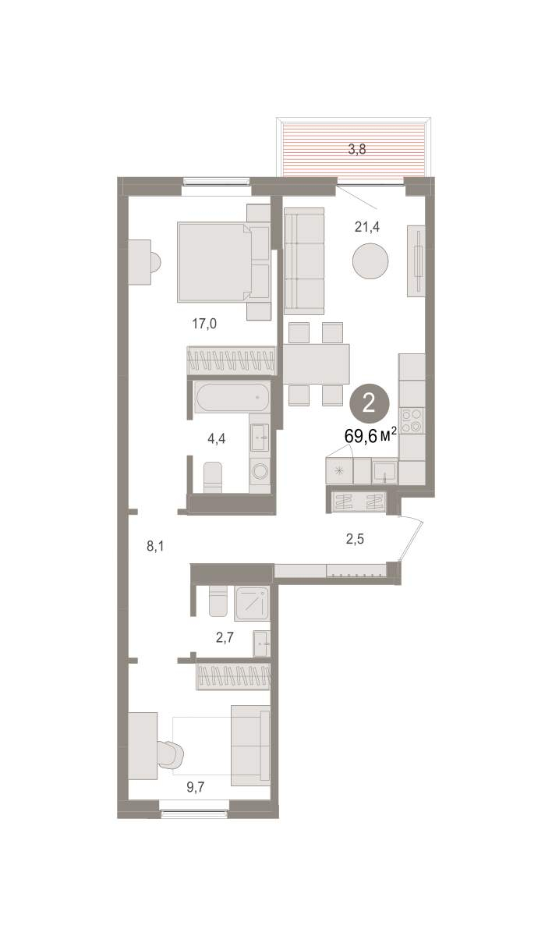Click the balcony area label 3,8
(x=357, y=149)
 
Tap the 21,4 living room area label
(x=367, y=227)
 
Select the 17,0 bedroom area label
(x=204, y=324)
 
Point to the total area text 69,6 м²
(x=370, y=436)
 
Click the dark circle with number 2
(x=369, y=404)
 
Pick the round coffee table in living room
(x=370, y=261)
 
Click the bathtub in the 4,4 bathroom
(x=232, y=397)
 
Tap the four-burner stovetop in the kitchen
(x=412, y=420)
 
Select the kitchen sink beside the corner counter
(x=384, y=471)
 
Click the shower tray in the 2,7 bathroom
(x=252, y=604)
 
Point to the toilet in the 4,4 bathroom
(x=213, y=477)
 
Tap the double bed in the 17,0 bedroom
(x=224, y=262)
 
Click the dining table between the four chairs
(x=316, y=364)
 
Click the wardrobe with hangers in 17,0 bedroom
(x=232, y=360)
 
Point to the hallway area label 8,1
(x=155, y=546)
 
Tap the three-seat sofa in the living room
(x=304, y=261)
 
